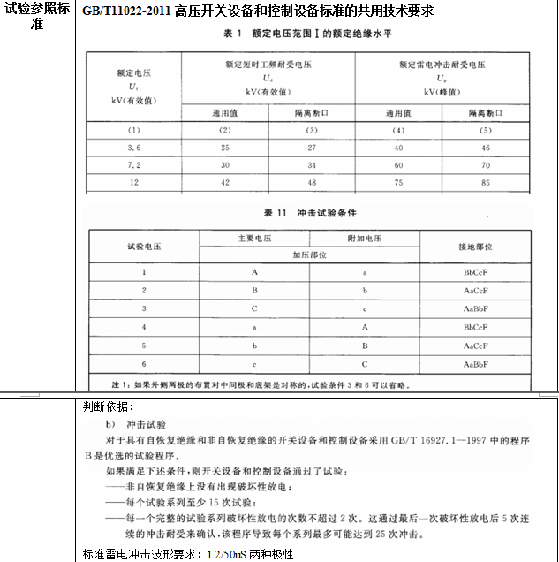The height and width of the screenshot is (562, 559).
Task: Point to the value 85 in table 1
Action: coord(486,183)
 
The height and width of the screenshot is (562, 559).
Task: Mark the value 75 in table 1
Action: coord(398,183)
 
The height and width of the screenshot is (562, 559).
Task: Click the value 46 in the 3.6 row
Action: coord(486,147)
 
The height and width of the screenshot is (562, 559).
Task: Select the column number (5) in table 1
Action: coord(486,130)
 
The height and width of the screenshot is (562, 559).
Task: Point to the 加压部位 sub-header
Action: coord(310,254)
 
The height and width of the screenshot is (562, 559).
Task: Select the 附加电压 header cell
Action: coord(364,238)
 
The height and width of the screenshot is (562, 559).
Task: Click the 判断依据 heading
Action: coord(107,407)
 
